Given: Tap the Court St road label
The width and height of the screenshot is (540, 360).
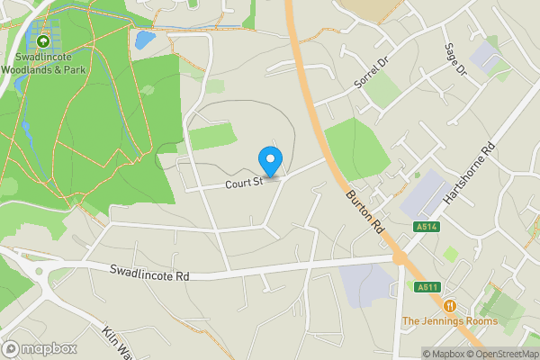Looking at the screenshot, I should [243, 182].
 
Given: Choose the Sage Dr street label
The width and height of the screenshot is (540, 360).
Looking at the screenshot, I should [456, 59].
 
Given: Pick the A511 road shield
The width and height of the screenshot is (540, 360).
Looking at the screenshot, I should [427, 287].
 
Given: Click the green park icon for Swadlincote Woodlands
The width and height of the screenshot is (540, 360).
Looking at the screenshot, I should [43, 40].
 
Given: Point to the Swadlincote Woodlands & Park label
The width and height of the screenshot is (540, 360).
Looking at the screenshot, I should [43, 62].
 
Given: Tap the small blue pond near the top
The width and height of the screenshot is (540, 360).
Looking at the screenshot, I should [143, 40].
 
